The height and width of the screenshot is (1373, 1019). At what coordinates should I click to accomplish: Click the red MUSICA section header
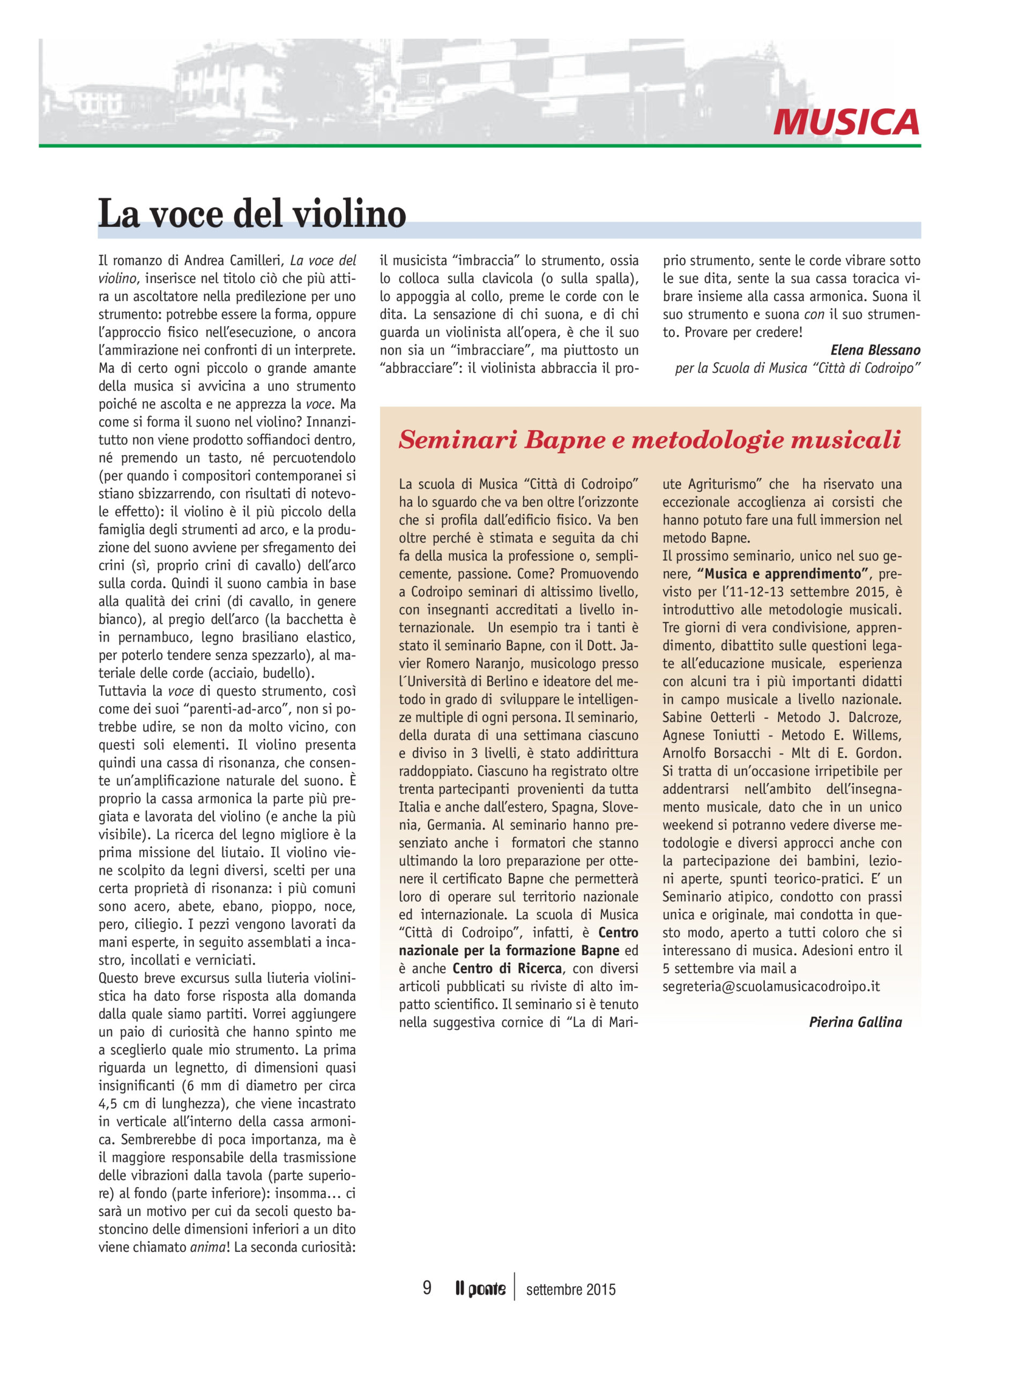(846, 122)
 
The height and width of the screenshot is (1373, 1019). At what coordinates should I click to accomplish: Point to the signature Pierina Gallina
(855, 1022)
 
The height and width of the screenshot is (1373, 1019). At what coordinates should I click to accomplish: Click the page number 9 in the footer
(427, 1288)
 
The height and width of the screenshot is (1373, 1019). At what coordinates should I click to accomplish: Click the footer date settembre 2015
(570, 1289)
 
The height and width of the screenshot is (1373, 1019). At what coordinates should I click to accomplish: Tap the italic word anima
(208, 1246)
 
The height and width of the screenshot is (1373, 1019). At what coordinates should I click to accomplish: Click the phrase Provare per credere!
(743, 332)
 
